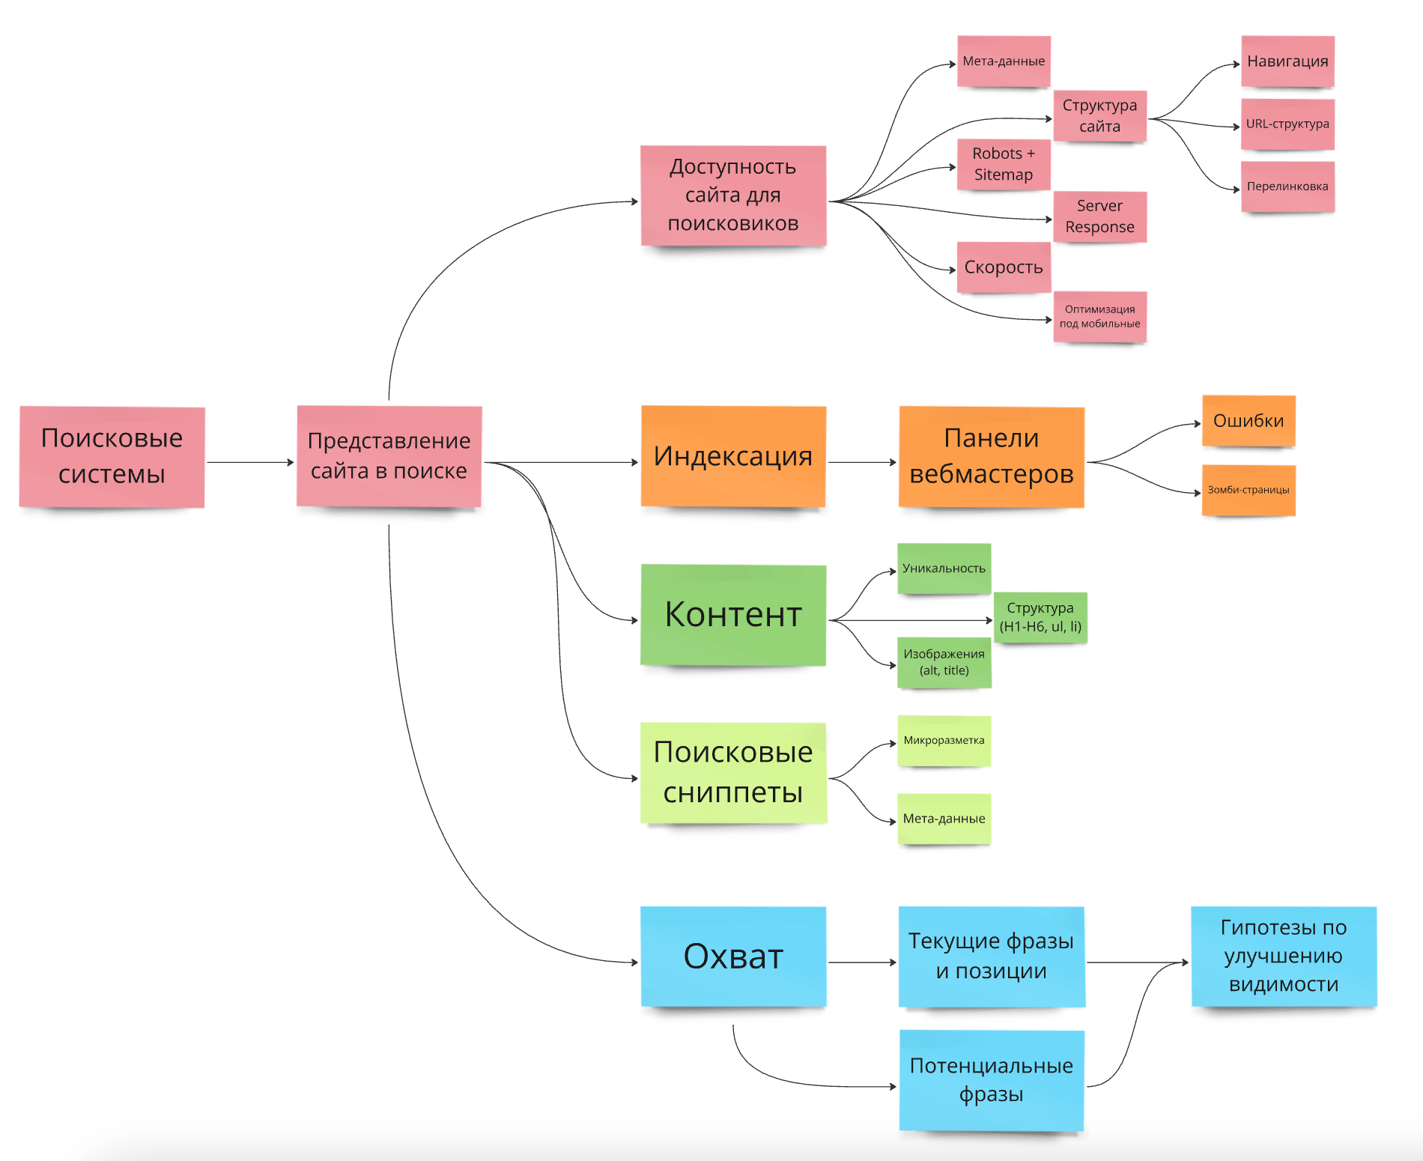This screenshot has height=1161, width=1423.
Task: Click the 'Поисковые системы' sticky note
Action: pos(112,457)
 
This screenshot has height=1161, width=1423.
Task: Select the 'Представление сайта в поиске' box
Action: pos(389,456)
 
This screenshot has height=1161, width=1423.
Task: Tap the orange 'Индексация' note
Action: pos(733,456)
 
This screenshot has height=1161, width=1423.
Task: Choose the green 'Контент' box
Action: pos(733,615)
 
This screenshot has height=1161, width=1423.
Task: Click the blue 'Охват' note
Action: pos(733,957)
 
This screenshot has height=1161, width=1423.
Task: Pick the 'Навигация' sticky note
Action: pos(1287,61)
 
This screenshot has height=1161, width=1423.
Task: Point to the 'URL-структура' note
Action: pos(1287,124)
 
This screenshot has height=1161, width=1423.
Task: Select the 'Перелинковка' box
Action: pos(1287,187)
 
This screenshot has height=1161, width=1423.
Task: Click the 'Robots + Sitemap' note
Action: pos(1004,164)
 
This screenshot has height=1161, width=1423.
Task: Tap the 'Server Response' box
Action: pos(1099,216)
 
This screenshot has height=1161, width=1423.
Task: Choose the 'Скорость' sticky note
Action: pos(1004,267)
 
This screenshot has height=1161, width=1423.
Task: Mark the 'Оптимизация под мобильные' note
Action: pos(1099,317)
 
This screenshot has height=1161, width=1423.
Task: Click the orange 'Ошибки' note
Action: pos(1248,421)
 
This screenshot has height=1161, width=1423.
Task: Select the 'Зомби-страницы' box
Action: pos(1248,491)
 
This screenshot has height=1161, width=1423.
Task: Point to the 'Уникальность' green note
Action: pos(944,569)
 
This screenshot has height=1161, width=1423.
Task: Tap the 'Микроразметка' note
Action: pos(944,741)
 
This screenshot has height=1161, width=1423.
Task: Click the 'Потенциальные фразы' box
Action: pos(991,1080)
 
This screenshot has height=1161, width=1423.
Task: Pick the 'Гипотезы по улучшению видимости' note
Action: pos(1284,957)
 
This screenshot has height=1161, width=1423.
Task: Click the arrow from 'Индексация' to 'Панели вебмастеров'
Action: pos(862,462)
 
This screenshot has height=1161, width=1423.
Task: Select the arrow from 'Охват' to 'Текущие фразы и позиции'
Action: pos(862,963)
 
